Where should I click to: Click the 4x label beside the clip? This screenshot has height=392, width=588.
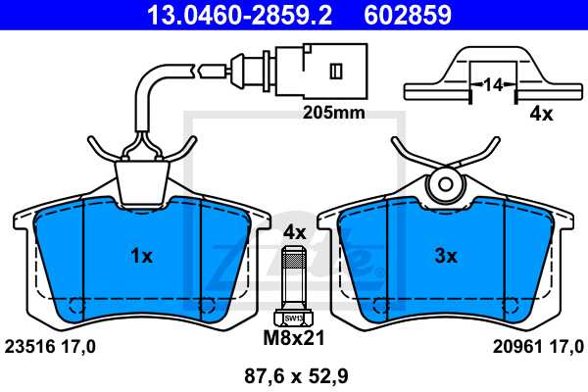pyautogui.click(x=540, y=114)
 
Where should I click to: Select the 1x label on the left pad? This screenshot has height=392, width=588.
pyautogui.click(x=141, y=257)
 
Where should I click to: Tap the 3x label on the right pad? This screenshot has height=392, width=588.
pyautogui.click(x=446, y=257)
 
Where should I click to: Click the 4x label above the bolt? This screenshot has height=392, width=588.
pyautogui.click(x=295, y=232)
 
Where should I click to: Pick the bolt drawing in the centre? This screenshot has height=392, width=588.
pyautogui.click(x=294, y=284)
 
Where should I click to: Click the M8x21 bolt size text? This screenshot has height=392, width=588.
pyautogui.click(x=295, y=339)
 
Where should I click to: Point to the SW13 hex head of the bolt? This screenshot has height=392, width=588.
pyautogui.click(x=294, y=317)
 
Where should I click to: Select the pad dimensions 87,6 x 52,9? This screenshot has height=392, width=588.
pyautogui.click(x=295, y=373)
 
